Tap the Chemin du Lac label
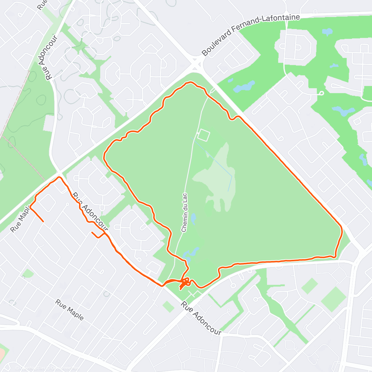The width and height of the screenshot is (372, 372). pos(184,212)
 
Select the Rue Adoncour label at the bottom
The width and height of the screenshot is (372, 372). pos(201,318)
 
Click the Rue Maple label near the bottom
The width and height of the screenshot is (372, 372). pos(69,310)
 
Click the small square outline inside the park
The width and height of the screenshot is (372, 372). pos(204,135)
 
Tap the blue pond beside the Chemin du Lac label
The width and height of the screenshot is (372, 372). pos(193,219)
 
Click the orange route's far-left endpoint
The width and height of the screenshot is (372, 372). pos(43,221)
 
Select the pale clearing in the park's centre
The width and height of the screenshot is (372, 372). pos(217,180)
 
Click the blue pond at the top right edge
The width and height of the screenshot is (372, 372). pos(327,31)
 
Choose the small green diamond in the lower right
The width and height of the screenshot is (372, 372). pos(309,286)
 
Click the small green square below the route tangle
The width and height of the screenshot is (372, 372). pos(168,307)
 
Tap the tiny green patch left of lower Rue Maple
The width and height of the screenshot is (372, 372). pos(28,273)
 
